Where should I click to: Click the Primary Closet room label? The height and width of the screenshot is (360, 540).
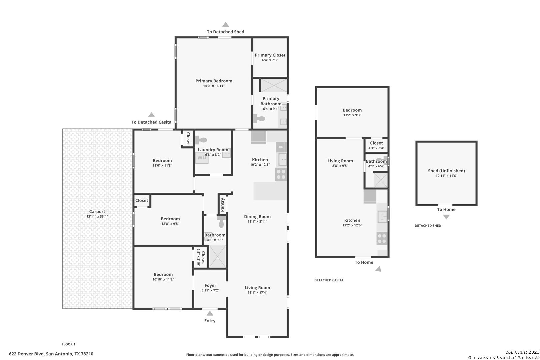[x=270, y=55]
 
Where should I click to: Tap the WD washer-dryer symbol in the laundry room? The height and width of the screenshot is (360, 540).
[x=202, y=158]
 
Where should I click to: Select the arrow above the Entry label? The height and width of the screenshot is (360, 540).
[x=210, y=313]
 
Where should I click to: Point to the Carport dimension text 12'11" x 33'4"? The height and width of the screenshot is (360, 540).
[x=97, y=216]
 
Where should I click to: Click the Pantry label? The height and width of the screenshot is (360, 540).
[x=222, y=205]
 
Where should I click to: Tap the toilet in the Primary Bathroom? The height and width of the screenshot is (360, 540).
[x=259, y=119]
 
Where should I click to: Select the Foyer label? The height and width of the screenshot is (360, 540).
[x=210, y=285]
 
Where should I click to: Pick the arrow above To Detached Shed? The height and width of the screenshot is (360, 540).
[x=225, y=24]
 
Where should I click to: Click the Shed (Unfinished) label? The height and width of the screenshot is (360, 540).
[x=446, y=171]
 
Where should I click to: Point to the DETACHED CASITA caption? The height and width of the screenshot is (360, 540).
[x=329, y=280]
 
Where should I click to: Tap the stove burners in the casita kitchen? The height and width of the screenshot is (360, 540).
[x=382, y=238]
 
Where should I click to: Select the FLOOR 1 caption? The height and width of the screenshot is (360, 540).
[x=68, y=344]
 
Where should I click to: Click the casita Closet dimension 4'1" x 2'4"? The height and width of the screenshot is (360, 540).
[x=376, y=148]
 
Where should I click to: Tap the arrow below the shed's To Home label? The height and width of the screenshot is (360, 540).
[x=446, y=217]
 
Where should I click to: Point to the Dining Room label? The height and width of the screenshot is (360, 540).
[x=257, y=217]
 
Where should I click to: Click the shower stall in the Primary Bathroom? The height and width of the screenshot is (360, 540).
[x=274, y=85]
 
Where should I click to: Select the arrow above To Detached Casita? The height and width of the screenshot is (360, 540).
[x=151, y=115]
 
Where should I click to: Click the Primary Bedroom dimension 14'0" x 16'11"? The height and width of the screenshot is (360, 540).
[x=214, y=86]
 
